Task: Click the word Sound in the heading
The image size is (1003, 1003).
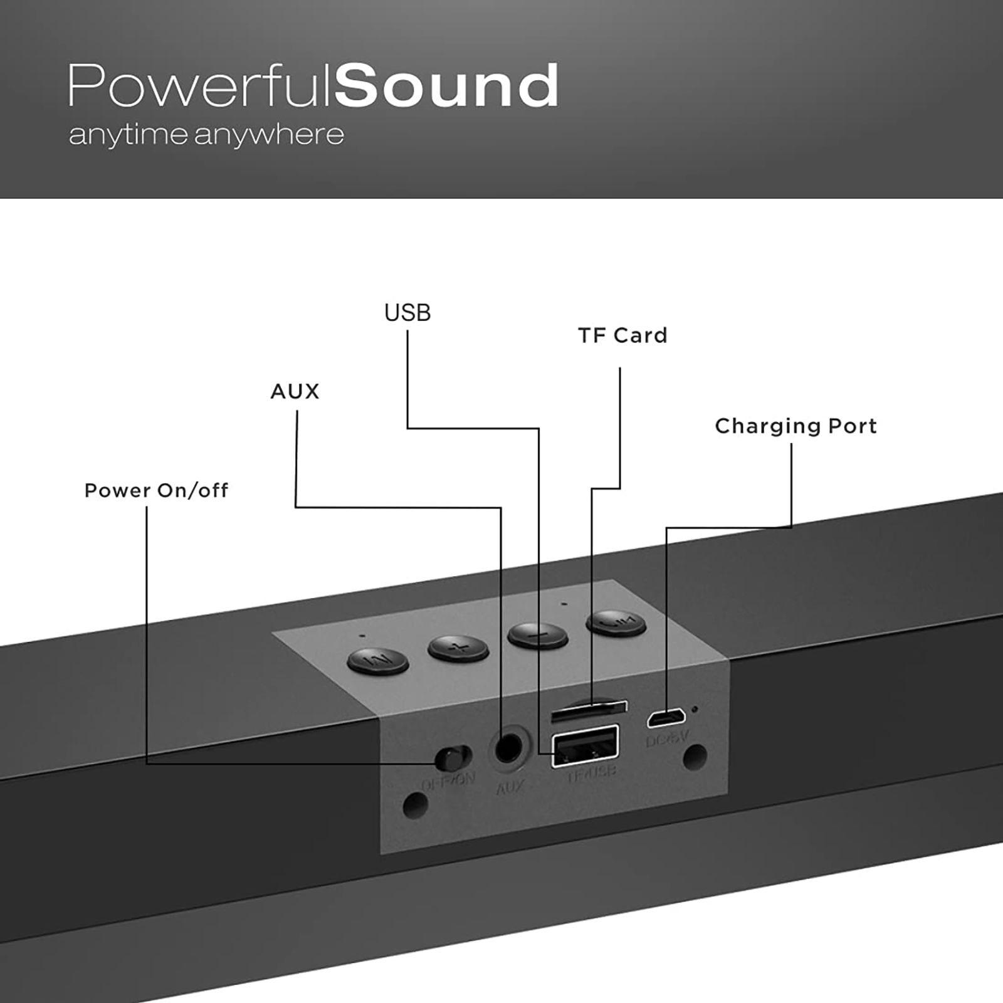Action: pyautogui.click(x=446, y=86)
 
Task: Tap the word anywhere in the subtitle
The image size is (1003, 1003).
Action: pyautogui.click(x=269, y=135)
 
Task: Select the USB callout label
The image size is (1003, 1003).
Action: pyautogui.click(x=407, y=313)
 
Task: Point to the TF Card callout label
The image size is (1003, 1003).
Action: pyautogui.click(x=622, y=336)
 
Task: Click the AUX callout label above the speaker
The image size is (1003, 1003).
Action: pyautogui.click(x=295, y=392)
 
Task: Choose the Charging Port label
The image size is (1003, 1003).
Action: pyautogui.click(x=796, y=426)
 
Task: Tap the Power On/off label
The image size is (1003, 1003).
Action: pyautogui.click(x=156, y=490)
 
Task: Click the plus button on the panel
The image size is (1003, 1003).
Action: pyautogui.click(x=458, y=648)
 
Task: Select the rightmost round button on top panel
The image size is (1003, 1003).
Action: pyautogui.click(x=616, y=622)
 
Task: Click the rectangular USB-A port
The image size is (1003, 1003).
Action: pyautogui.click(x=585, y=746)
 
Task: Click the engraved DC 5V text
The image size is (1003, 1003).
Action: pyautogui.click(x=667, y=739)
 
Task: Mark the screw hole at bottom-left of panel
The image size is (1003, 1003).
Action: pyautogui.click(x=414, y=804)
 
